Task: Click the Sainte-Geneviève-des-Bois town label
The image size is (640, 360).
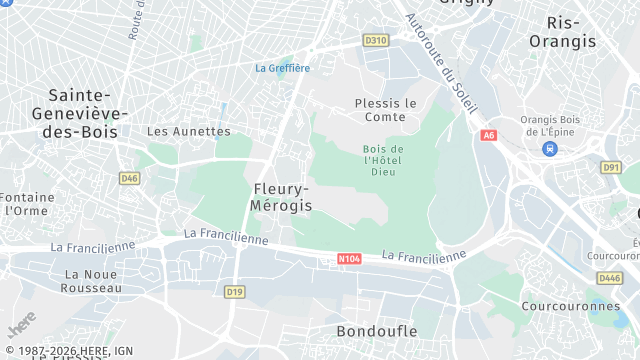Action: pos(83,112)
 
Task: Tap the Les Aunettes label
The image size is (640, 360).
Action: pos(188,131)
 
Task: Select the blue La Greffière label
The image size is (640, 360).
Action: pos(282,68)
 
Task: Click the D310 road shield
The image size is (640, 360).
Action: pos(375,40)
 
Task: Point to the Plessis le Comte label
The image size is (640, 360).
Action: pos(385,109)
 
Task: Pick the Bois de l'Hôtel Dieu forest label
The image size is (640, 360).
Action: pos(383,160)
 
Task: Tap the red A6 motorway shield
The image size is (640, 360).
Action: pos(488,135)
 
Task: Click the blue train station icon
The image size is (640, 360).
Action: pos(549,148)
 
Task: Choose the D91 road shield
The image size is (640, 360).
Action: pos(611,167)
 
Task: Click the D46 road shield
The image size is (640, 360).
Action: pos(129,178)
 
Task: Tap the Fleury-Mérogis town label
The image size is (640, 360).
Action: pos(282,196)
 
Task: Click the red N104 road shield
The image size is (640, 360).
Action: pos(349,259)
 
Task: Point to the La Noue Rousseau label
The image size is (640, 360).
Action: pos(92,280)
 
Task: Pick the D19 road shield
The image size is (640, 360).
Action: pos(234,292)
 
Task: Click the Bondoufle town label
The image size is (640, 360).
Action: pos(376,330)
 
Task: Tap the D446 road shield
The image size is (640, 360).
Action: pos(610,277)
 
